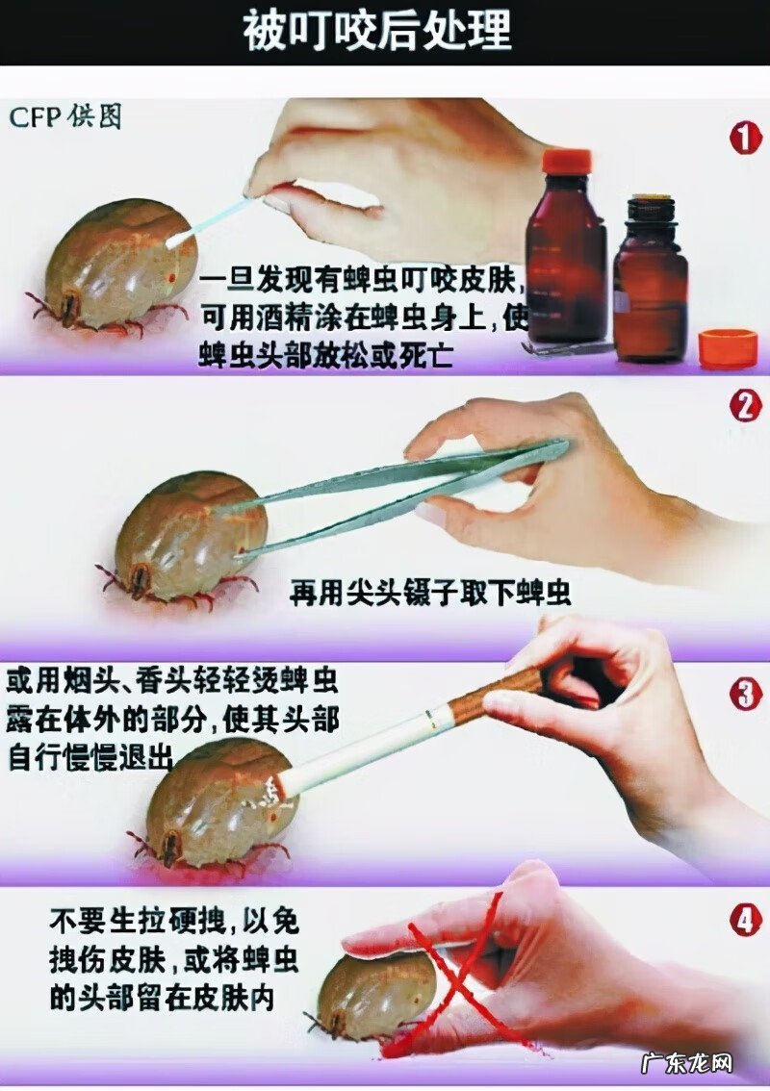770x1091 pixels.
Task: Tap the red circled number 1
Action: coord(744,139)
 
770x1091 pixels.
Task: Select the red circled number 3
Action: coord(745,693)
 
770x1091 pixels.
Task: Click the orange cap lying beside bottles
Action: coord(728,347)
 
